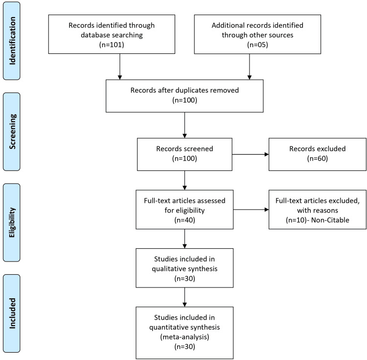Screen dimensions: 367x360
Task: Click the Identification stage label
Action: (x=12, y=41)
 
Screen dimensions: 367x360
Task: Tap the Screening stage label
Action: (x=12, y=131)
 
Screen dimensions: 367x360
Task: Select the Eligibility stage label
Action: (x=12, y=222)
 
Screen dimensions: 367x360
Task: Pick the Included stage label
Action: (x=12, y=313)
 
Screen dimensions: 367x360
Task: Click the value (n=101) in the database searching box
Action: (x=112, y=45)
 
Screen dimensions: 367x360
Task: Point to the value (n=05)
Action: (x=257, y=45)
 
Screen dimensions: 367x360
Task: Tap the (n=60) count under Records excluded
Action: (x=318, y=158)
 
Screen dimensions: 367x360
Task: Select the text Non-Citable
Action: (x=330, y=220)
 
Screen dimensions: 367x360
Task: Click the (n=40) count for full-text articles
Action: (x=184, y=220)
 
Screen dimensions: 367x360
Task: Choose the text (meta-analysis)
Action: (x=184, y=337)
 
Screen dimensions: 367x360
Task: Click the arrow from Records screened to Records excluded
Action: (x=251, y=154)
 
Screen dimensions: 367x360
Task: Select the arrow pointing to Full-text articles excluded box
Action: (x=251, y=210)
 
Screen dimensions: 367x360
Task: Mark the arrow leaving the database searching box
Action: (x=120, y=67)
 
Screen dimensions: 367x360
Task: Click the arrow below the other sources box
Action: (x=250, y=67)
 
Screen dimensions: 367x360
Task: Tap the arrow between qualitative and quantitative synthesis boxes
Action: (x=184, y=297)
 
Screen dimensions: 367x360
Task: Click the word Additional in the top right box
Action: (x=226, y=25)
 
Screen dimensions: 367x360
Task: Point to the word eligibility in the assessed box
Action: (x=190, y=210)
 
